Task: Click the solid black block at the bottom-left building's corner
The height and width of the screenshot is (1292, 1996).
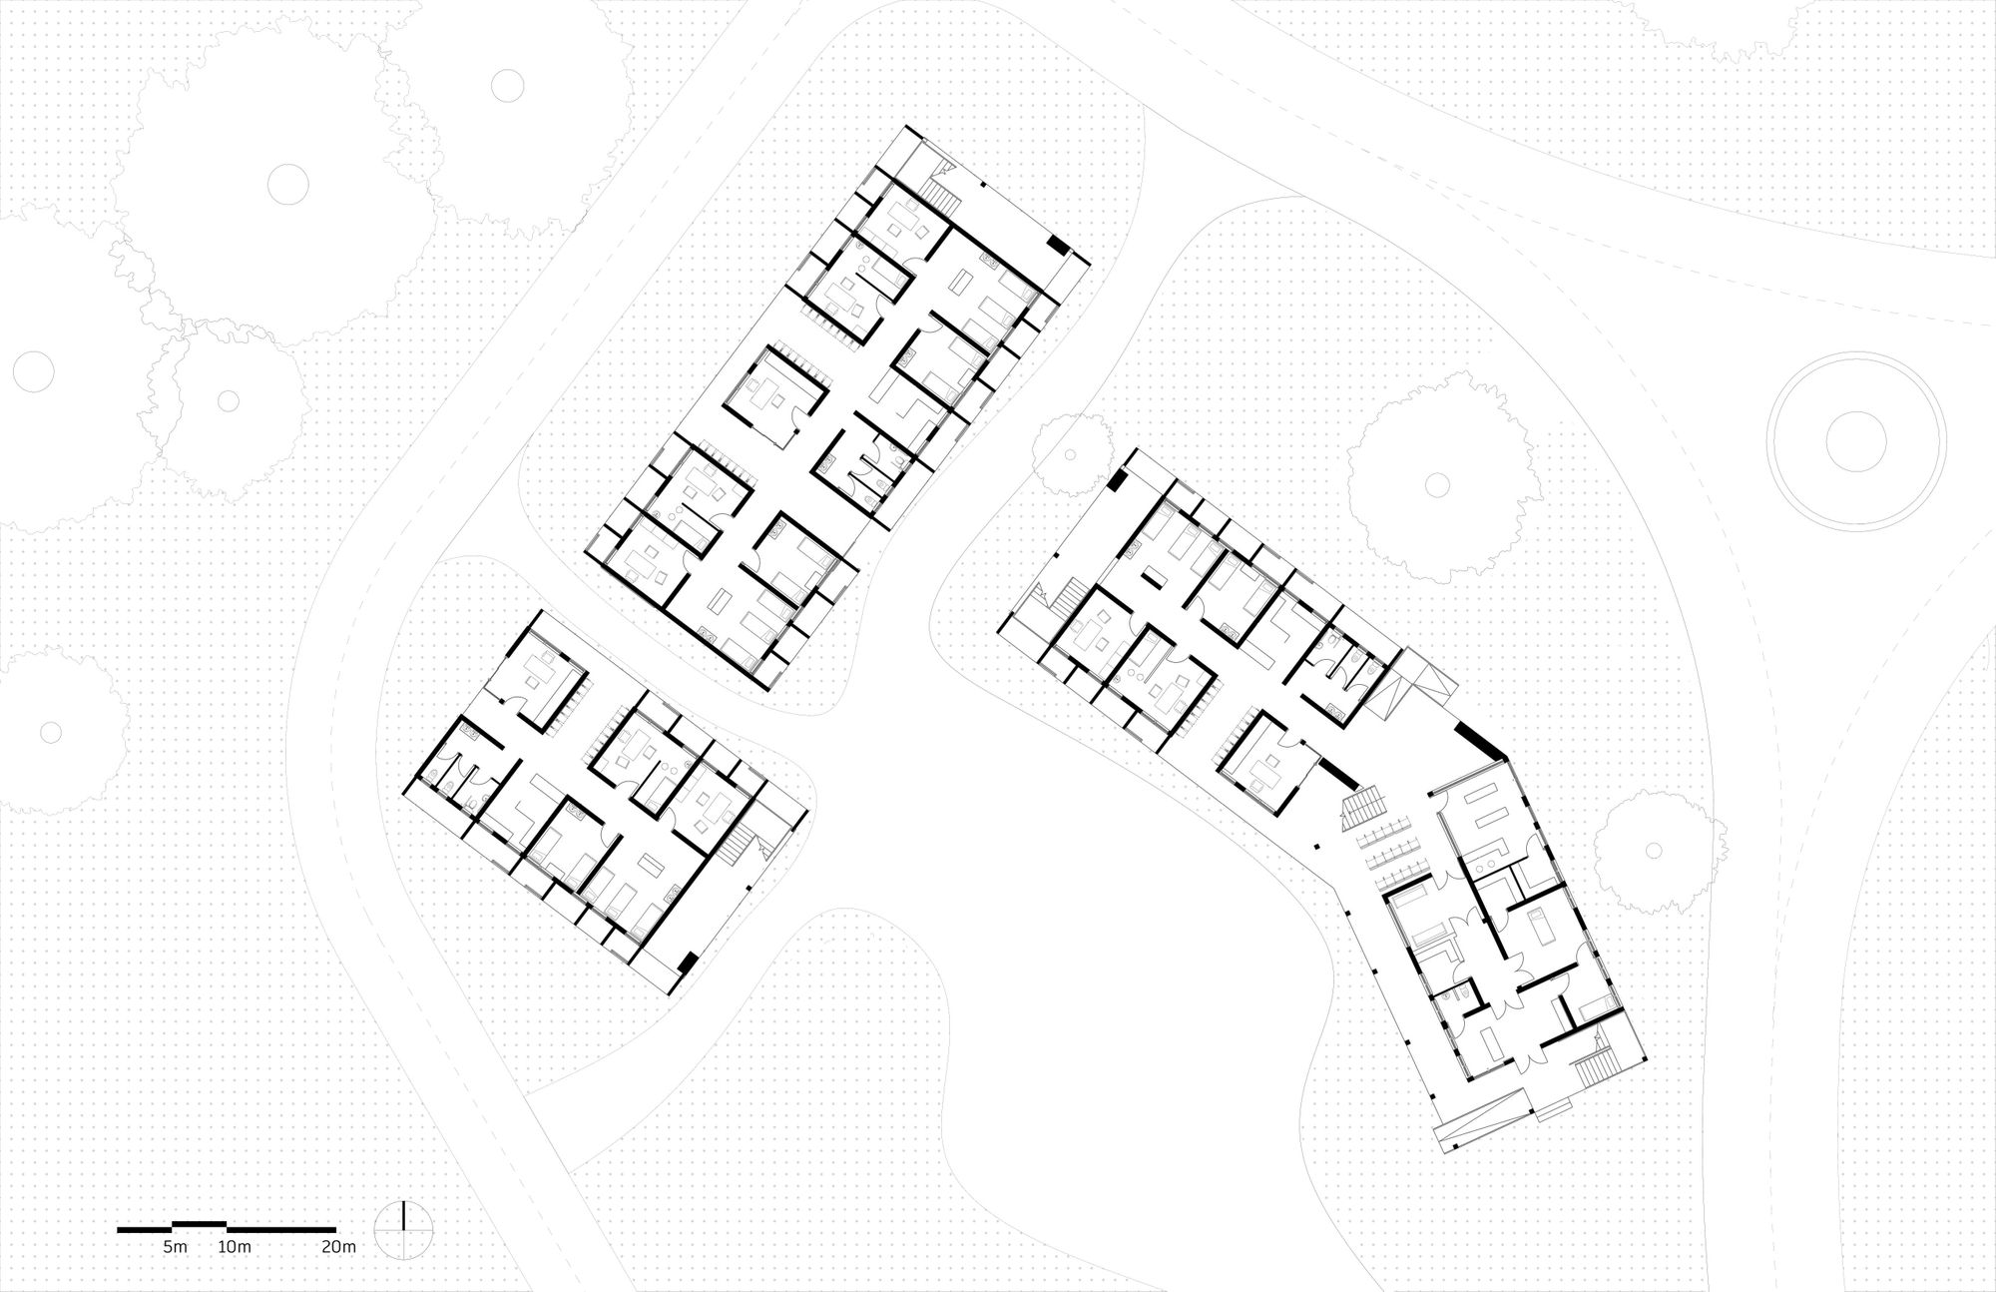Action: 686,962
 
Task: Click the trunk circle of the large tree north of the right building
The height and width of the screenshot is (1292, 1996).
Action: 1437,484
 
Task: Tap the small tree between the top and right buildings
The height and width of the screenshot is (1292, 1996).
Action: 1078,456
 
